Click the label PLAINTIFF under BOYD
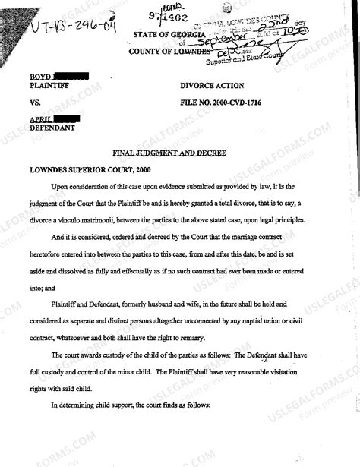tap(48, 86)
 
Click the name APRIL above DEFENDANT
tap(42, 120)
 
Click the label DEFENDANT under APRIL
tap(51, 128)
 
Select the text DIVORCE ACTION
tap(213, 86)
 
